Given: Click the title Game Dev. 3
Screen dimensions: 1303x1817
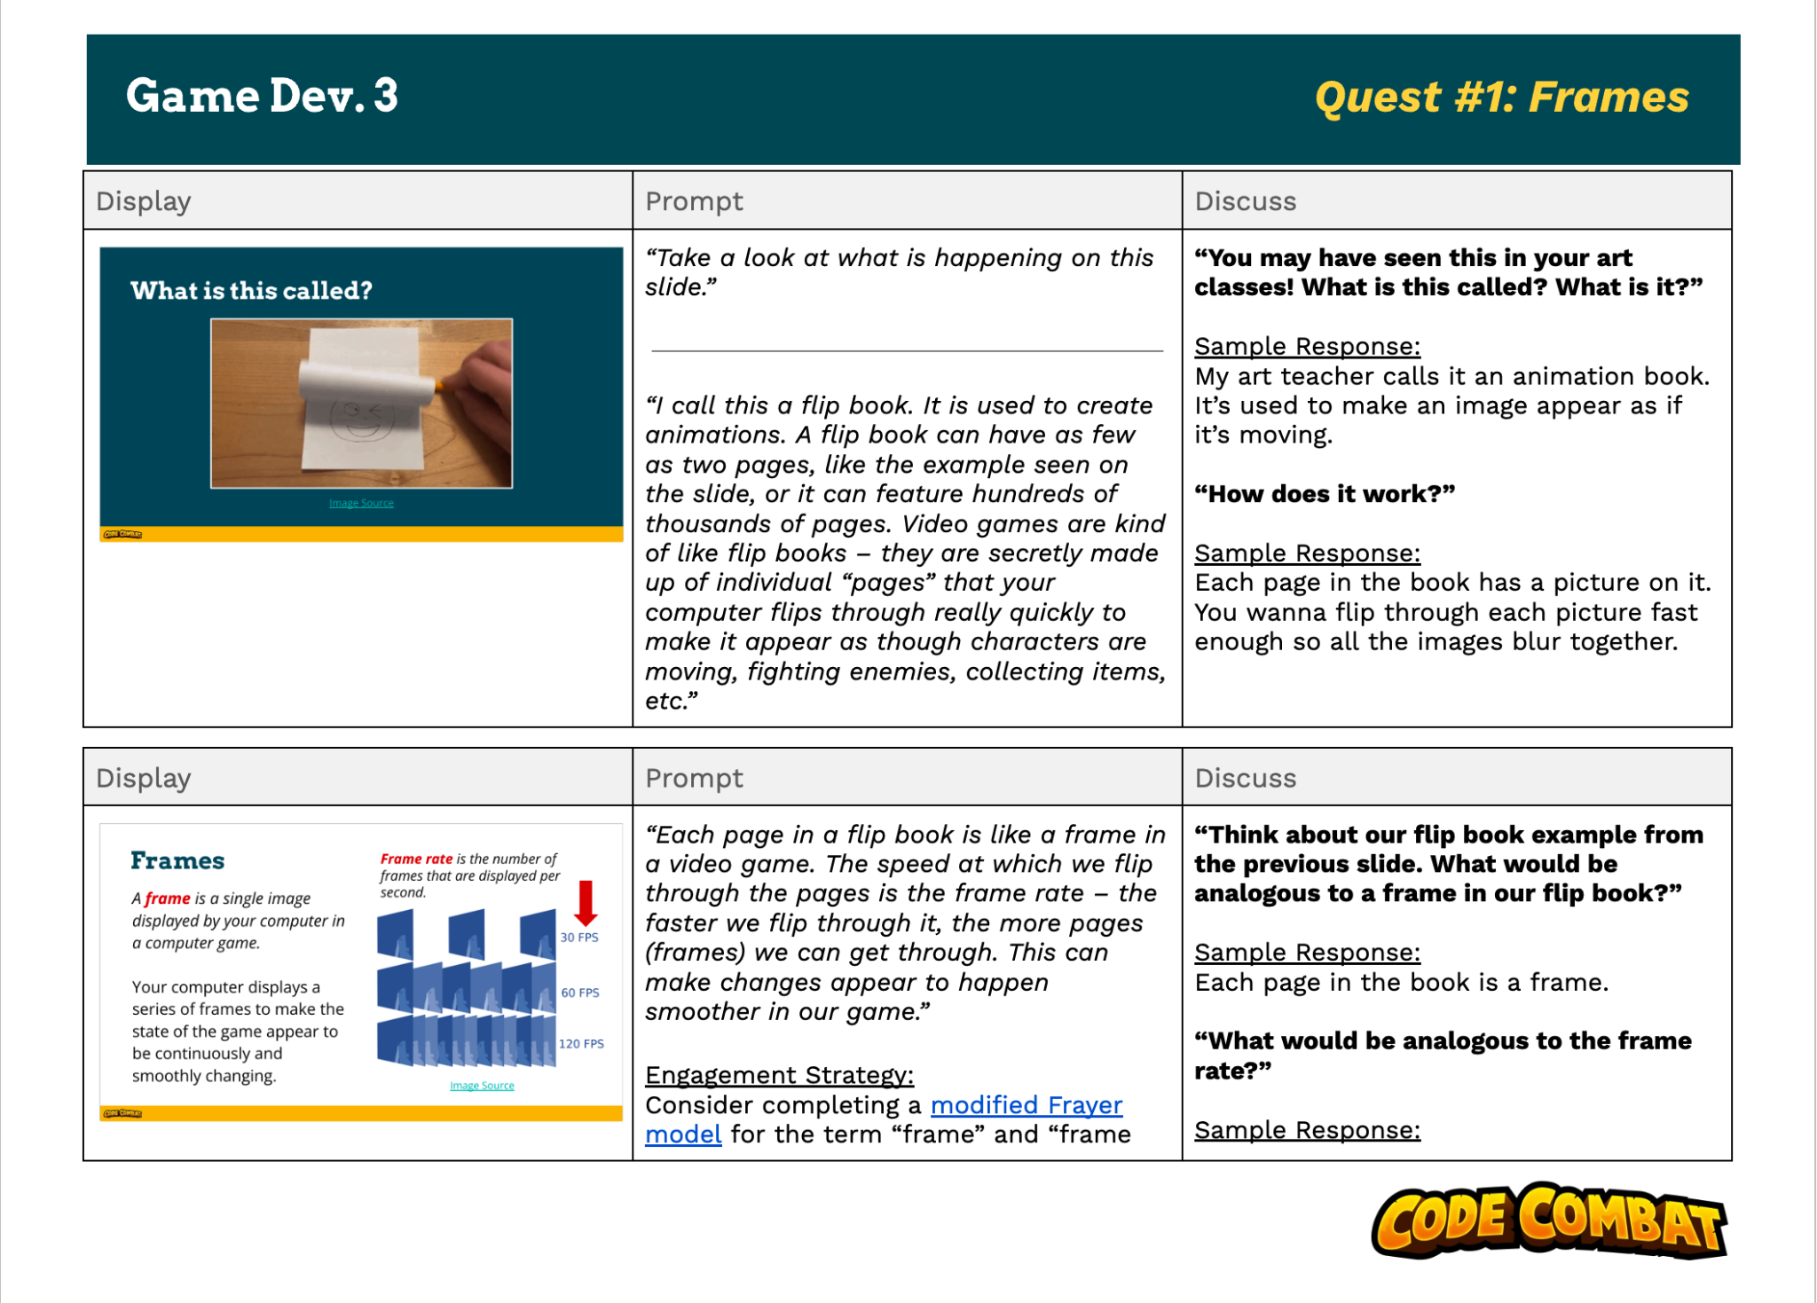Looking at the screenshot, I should [262, 96].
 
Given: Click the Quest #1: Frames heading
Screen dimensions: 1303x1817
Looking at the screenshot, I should [1501, 98].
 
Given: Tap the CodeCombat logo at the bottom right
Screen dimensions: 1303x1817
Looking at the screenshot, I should [1548, 1221].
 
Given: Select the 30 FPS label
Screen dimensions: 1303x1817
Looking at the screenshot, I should [579, 938].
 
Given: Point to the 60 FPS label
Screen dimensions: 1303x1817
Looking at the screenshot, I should [580, 993].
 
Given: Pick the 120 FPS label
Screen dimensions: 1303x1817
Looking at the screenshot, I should [581, 1044].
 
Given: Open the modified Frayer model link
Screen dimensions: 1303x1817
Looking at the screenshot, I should [1026, 1105].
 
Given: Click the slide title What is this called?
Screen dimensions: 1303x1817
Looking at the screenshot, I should [251, 291].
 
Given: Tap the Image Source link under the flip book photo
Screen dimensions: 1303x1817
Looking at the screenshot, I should [361, 503].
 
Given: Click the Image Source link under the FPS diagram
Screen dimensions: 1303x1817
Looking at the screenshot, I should [482, 1086].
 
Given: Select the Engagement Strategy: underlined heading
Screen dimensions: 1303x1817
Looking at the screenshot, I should [779, 1075].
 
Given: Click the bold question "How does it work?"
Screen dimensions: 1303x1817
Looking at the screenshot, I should [1325, 494].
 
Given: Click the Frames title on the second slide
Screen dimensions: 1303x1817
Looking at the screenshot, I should [177, 860].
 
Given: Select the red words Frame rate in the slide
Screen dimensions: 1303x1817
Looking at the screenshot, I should [416, 859].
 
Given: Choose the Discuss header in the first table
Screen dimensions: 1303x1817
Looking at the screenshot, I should [1245, 201].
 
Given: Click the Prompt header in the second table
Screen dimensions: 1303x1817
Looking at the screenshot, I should [694, 778].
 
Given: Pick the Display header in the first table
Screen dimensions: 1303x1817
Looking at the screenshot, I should [144, 201].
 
